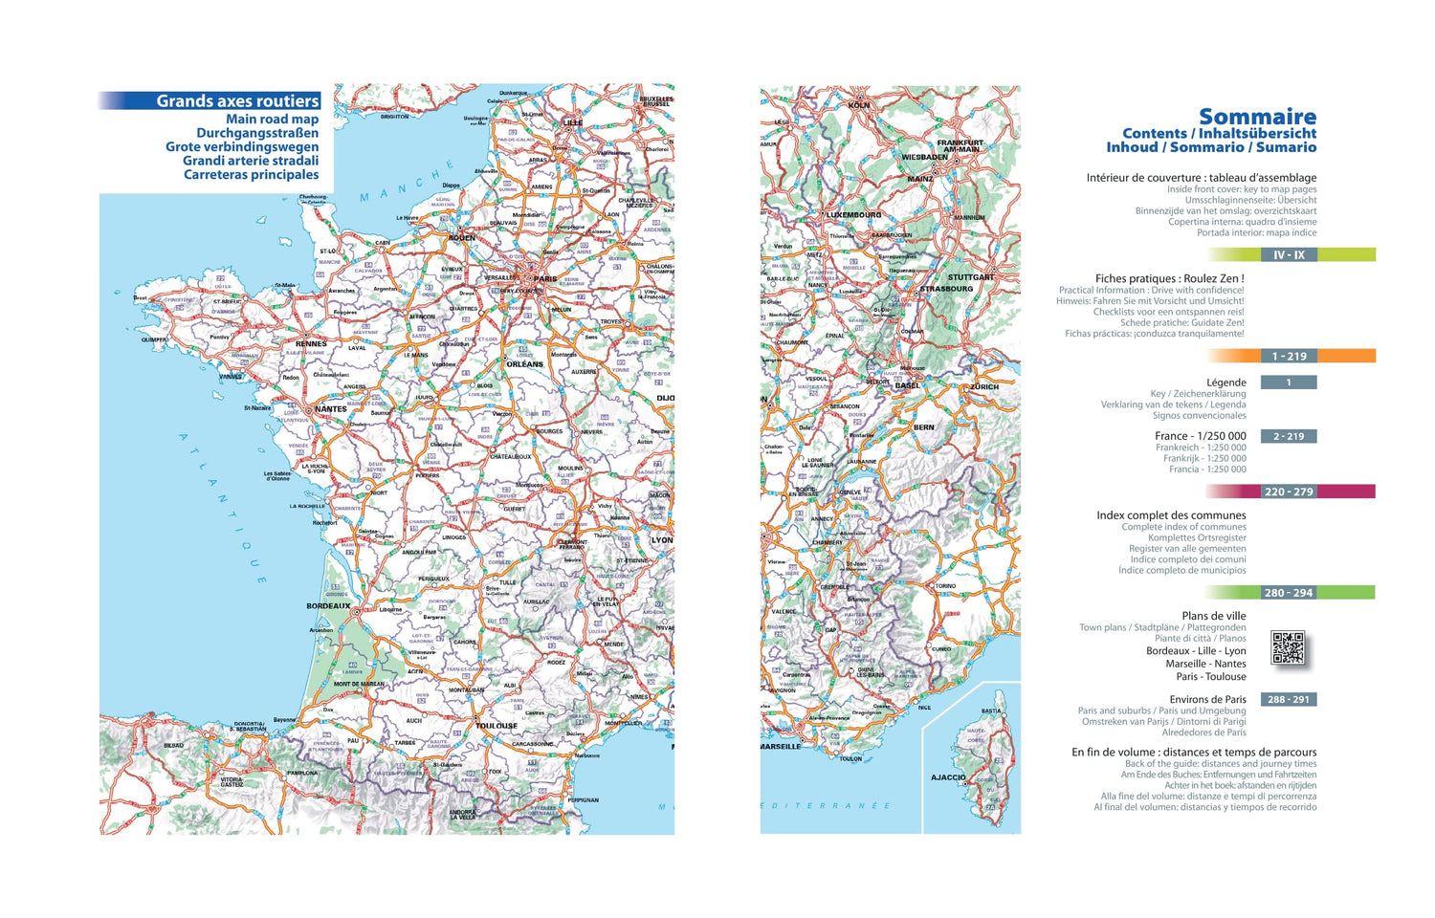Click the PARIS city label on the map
(545, 279)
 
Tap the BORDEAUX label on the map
(327, 605)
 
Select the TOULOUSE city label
(497, 726)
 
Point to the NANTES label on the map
(331, 409)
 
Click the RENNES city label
(311, 343)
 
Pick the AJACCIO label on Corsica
(948, 777)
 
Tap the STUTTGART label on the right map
(971, 277)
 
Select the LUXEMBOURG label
(853, 215)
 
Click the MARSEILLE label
(781, 747)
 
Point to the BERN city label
(923, 427)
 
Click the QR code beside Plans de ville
(1289, 647)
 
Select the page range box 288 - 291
(1289, 699)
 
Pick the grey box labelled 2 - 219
(1289, 436)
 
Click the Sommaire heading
(1257, 117)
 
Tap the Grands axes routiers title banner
(236, 100)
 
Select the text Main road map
(272, 120)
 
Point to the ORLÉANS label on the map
(524, 364)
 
